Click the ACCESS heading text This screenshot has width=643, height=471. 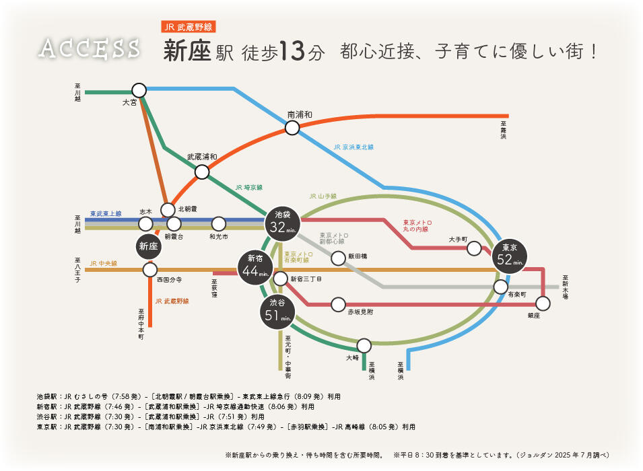pos(89,48)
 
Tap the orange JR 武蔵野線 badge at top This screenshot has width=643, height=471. pos(189,27)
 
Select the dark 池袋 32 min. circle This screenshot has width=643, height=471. pos(282,224)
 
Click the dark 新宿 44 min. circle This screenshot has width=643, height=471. pos(255,268)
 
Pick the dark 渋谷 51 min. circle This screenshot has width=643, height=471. pos(277,312)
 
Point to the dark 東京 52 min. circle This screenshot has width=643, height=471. pos(509,256)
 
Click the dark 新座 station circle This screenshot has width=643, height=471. pos(148,246)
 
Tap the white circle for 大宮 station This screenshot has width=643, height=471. pos(139,90)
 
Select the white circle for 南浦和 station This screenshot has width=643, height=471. pos(292,128)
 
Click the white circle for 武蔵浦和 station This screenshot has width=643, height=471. pos(202,172)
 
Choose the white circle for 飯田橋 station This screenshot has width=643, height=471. pos(338,258)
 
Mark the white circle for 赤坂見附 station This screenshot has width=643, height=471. pos(338,305)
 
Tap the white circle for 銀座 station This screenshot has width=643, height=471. pos(543,303)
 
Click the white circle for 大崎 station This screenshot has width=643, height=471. pos(364,346)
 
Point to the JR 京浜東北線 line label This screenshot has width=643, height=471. pos(353,147)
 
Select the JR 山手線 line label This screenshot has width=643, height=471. pos(323,196)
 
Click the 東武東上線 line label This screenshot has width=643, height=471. pos(106,213)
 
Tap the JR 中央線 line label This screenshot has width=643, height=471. pos(103,263)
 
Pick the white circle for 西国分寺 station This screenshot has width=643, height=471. pos(150,270)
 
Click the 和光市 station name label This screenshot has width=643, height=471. pos(219,237)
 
